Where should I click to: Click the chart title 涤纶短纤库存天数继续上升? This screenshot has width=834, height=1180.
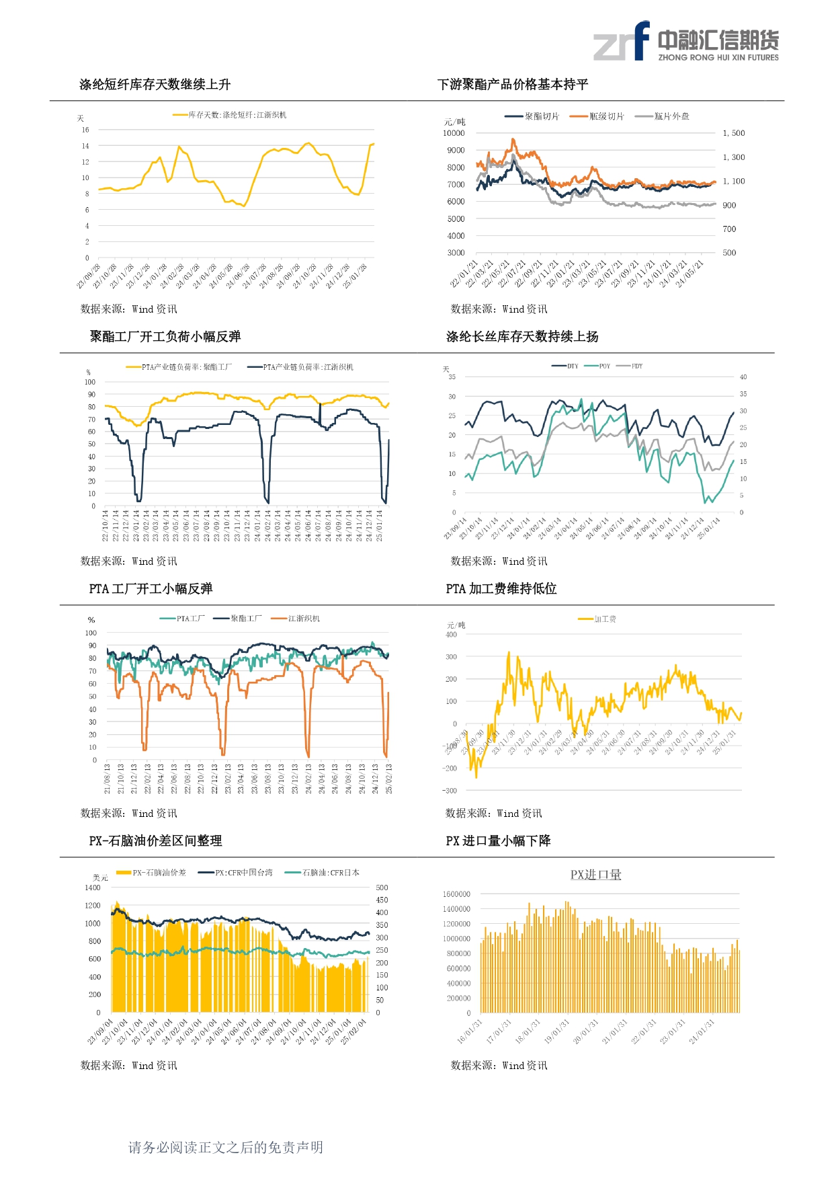tap(155, 85)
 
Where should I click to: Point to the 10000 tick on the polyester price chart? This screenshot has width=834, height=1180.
tap(454, 133)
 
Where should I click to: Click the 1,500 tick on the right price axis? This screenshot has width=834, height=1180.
tap(733, 133)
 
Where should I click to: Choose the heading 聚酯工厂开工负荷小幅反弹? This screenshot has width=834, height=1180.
tap(165, 337)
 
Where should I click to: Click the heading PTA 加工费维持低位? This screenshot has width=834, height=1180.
tap(501, 589)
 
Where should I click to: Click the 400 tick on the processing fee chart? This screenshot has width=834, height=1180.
tap(451, 635)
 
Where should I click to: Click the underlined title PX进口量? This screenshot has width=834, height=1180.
tap(595, 875)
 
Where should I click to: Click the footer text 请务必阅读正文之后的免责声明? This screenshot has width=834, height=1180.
tap(226, 1148)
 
